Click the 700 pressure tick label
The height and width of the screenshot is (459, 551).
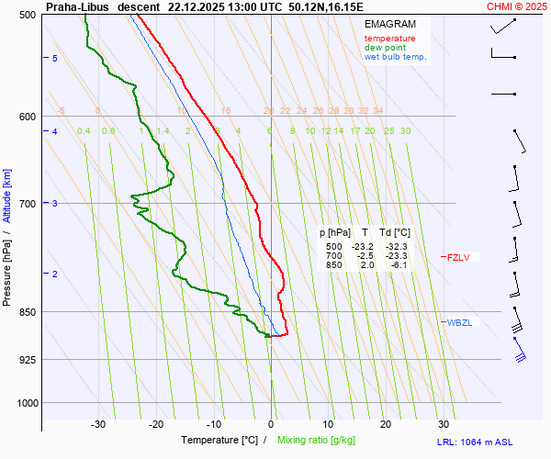point(27,203)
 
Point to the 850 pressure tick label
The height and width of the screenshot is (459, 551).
point(27,312)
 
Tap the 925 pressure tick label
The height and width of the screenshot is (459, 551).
point(27,359)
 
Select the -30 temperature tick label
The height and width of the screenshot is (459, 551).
point(98,424)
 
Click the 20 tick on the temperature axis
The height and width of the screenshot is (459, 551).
point(386,424)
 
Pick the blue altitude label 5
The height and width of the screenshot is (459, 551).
point(55,59)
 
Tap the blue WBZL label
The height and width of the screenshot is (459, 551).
point(459,322)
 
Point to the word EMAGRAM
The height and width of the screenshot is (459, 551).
point(388,24)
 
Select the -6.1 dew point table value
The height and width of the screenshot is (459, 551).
point(398,265)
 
